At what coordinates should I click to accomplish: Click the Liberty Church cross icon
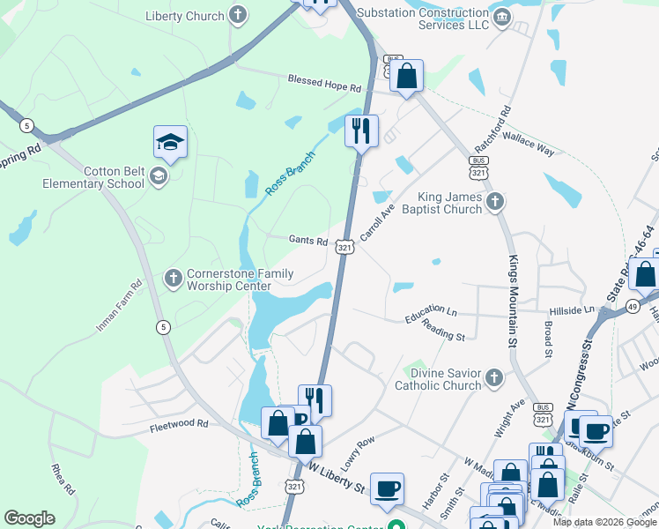237,14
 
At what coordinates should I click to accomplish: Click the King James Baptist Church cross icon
495,202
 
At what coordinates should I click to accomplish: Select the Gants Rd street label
308,240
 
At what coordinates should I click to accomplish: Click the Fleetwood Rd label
179,423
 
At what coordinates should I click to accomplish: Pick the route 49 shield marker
633,306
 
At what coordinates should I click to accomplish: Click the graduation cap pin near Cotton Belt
171,142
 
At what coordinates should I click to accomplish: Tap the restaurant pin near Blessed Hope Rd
360,130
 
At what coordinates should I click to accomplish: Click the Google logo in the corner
29,518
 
